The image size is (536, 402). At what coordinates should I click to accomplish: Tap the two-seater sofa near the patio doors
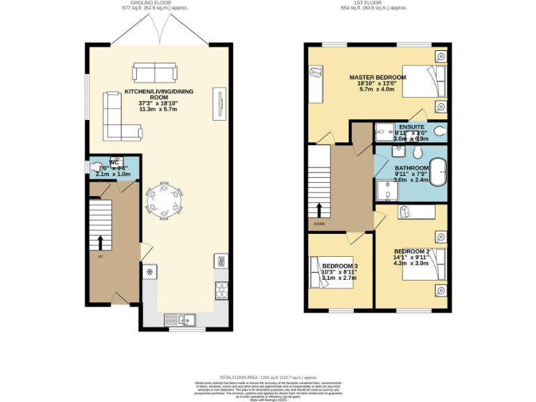coord(154,73)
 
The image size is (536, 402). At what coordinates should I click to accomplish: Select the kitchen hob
coord(221,289)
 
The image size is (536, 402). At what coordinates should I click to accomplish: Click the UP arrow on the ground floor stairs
coord(99,242)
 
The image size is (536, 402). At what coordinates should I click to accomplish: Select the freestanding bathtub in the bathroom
coord(438,172)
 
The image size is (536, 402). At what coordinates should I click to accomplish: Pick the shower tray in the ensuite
coord(385,129)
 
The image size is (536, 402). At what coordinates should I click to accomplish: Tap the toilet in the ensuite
coord(440,130)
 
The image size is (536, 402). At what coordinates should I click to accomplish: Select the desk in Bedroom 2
coord(417,211)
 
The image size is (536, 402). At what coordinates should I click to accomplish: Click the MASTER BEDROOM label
coord(377,77)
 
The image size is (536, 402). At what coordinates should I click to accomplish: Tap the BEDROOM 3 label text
coord(339,266)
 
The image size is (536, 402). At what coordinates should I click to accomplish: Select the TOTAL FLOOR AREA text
coord(267,376)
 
